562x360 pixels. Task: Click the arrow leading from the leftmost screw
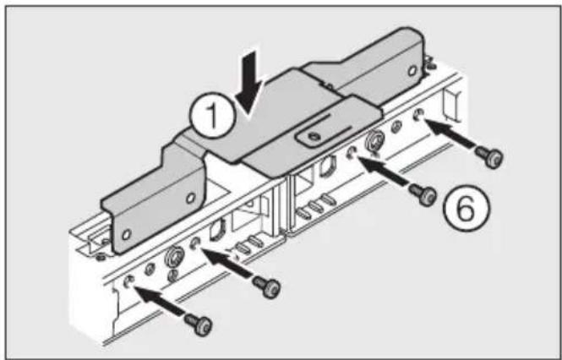tap(166, 302)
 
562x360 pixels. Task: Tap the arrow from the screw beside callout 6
tap(390, 175)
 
